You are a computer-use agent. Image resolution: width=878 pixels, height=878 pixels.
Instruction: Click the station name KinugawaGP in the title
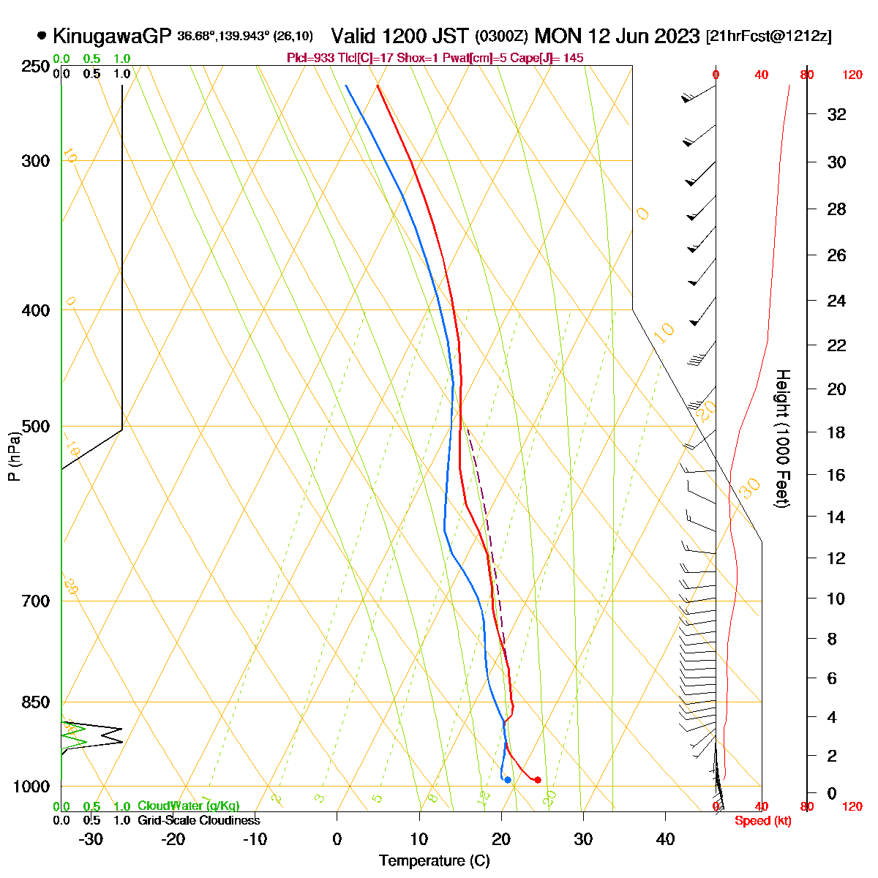tap(111, 35)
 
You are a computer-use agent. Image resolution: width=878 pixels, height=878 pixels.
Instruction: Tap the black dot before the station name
tap(42, 34)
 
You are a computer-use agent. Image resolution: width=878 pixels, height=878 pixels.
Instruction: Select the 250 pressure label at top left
tap(34, 67)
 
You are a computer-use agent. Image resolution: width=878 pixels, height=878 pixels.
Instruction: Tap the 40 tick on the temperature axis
tap(665, 838)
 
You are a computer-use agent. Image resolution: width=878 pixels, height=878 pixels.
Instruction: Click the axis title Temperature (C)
tap(435, 860)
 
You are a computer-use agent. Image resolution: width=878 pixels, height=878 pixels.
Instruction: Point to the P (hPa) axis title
tap(14, 457)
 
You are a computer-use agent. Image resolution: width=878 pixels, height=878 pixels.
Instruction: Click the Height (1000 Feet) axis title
tap(781, 438)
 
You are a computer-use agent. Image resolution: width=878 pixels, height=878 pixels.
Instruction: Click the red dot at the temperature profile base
tap(538, 780)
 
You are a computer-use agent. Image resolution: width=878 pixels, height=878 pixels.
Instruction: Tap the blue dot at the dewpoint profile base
tap(507, 780)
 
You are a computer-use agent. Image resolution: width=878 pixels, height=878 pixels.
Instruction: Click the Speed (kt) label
tap(763, 821)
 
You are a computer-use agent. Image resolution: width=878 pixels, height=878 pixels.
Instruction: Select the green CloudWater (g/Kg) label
tap(189, 806)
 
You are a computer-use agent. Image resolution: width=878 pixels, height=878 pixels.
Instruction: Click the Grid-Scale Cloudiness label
tap(198, 820)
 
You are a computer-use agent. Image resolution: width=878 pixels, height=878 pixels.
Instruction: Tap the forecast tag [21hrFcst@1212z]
tap(768, 36)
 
